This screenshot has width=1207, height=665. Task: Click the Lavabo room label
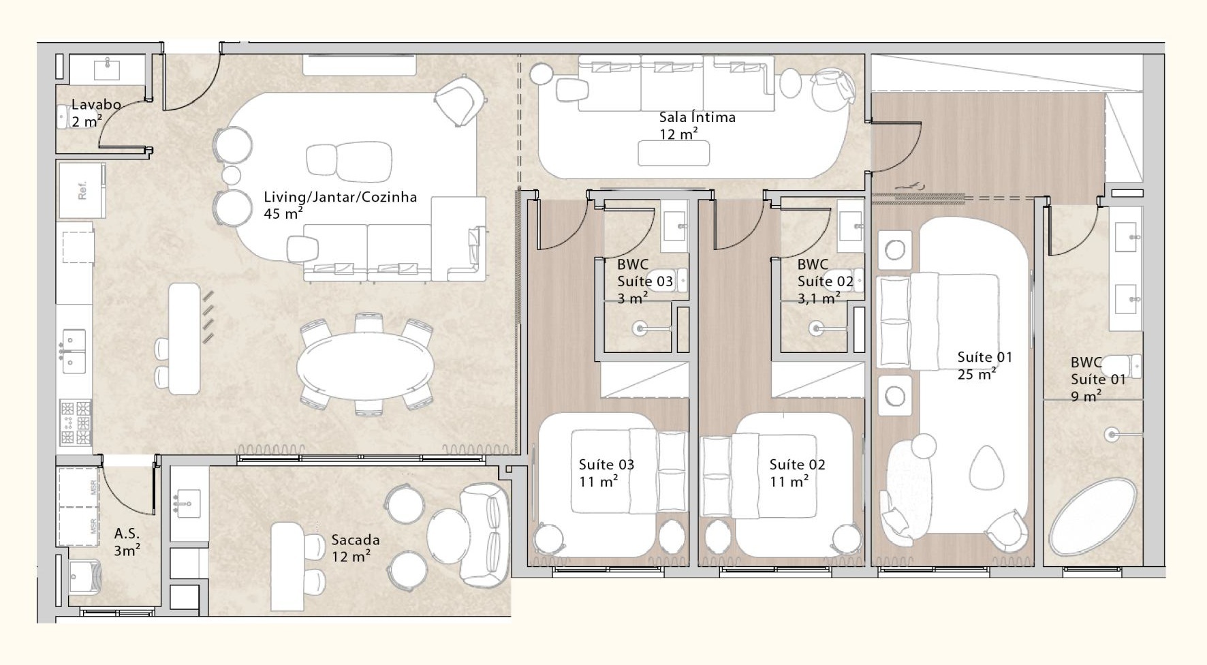coord(96,105)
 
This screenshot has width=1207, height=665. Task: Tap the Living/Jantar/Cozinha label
coord(340,197)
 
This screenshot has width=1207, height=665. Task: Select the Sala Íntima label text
coord(697,117)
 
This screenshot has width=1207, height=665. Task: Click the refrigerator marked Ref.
coord(82,190)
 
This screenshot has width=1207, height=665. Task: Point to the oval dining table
coord(365,366)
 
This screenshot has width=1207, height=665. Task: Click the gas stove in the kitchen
coord(76,422)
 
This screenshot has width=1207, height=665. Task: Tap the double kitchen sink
coord(74,351)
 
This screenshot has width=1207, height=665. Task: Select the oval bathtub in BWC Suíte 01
coord(1093,517)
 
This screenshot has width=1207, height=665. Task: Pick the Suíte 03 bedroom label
coord(606,465)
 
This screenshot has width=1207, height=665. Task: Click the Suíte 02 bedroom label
coord(797,465)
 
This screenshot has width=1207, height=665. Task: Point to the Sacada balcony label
coord(355,540)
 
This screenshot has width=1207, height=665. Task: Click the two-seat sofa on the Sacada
coord(485,535)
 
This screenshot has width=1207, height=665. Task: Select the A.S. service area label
coord(127,533)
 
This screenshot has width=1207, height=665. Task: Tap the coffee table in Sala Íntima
coord(674,153)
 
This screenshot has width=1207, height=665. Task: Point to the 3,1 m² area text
coord(819,298)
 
